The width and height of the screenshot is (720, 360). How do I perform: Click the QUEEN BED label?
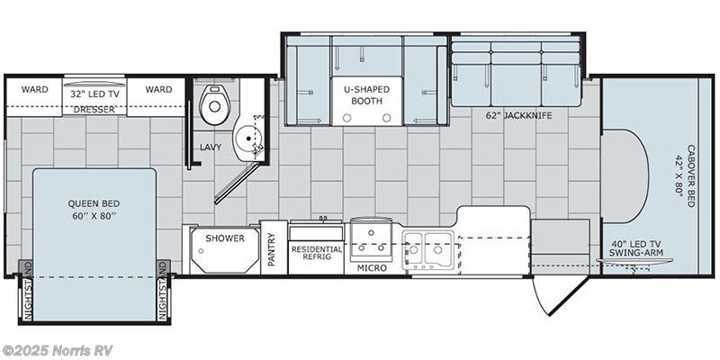click(94, 209)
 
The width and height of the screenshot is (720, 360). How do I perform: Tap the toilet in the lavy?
click(214, 105)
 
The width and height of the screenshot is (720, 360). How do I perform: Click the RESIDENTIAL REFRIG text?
click(316, 254)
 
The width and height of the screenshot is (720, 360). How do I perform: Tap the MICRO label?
click(371, 267)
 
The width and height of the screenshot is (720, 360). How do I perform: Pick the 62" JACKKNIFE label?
click(517, 114)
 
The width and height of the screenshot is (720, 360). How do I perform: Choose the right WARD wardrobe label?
click(158, 90)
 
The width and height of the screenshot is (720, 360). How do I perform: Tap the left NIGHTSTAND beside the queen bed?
click(26, 291)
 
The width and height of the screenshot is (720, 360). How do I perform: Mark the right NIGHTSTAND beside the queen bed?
click(163, 291)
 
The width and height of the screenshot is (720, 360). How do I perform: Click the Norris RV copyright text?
click(58, 350)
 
